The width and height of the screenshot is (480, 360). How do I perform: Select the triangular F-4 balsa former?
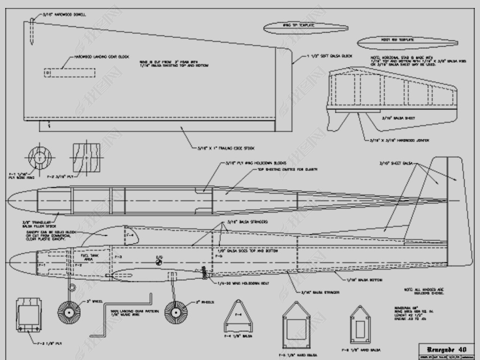pyautogui.click(x=238, y=317)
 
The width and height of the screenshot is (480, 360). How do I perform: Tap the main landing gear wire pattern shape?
pyautogui.click(x=127, y=319)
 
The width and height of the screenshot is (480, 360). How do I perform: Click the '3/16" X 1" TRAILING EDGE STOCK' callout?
pyautogui.click(x=226, y=148)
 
